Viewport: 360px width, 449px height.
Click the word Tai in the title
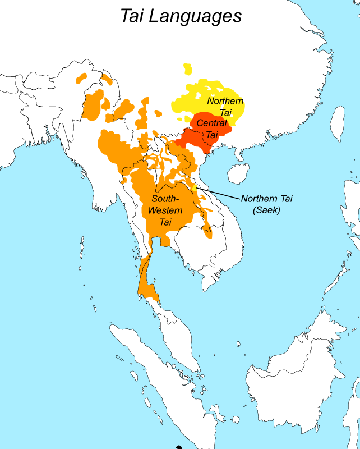(132, 15)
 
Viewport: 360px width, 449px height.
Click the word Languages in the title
(195, 16)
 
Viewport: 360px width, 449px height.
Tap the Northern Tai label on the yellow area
(225, 107)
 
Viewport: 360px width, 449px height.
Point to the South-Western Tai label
(165, 210)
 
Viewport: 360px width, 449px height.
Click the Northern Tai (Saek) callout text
(267, 204)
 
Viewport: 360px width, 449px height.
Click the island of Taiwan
(337, 123)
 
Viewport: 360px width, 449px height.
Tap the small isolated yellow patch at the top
(187, 70)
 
